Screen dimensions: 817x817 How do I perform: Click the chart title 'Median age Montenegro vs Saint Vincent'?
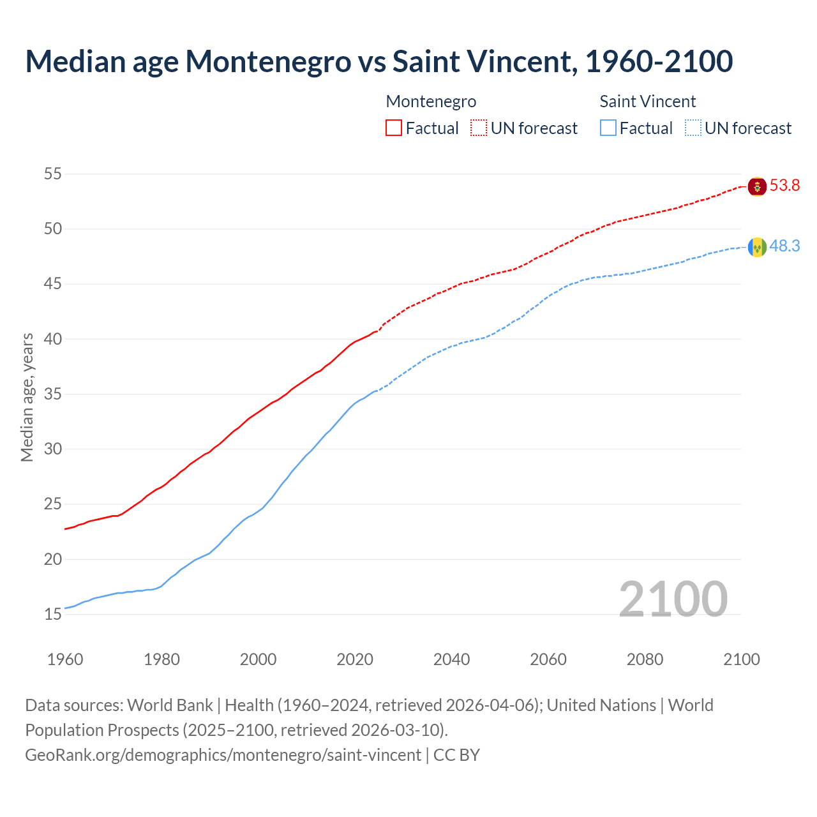pyautogui.click(x=379, y=61)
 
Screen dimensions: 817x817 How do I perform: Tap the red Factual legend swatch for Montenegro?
pyautogui.click(x=394, y=128)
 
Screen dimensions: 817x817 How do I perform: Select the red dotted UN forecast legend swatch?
pyautogui.click(x=479, y=128)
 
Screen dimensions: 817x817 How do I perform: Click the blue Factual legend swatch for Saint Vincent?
pyautogui.click(x=608, y=128)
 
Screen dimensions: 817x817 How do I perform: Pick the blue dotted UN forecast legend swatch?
pyautogui.click(x=693, y=128)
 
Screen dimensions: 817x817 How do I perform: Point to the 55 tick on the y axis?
pyautogui.click(x=53, y=174)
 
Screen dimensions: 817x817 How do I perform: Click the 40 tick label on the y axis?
pyautogui.click(x=53, y=339)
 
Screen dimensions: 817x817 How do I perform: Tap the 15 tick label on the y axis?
pyautogui.click(x=53, y=615)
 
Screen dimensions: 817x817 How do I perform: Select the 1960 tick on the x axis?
pyautogui.click(x=65, y=659)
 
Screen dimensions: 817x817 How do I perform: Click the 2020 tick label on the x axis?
pyautogui.click(x=355, y=659)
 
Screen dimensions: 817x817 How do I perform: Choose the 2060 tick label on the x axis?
pyautogui.click(x=548, y=659)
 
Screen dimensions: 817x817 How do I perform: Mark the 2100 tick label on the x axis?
pyautogui.click(x=741, y=659)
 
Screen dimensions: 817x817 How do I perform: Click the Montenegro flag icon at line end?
pyautogui.click(x=757, y=186)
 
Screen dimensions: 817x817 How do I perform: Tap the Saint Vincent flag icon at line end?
pyautogui.click(x=757, y=247)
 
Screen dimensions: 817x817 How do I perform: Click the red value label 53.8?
pyautogui.click(x=784, y=186)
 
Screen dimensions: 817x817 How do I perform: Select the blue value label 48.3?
pyautogui.click(x=784, y=246)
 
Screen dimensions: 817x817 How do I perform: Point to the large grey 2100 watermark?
pyautogui.click(x=673, y=599)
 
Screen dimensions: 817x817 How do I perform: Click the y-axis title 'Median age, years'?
pyautogui.click(x=27, y=397)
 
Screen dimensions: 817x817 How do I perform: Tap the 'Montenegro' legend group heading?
pyautogui.click(x=431, y=101)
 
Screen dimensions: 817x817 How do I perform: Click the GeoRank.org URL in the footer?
pyautogui.click(x=223, y=755)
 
